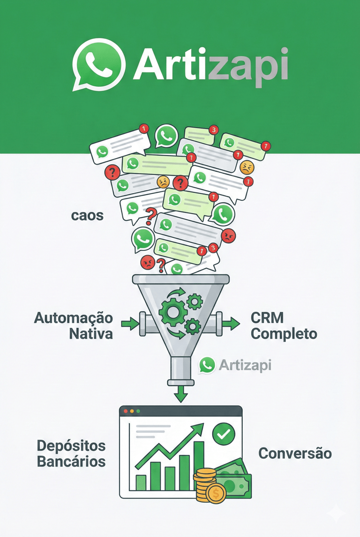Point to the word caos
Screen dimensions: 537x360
point(87,216)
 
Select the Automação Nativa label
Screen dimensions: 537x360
point(74,325)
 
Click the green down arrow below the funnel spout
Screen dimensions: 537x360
point(180,395)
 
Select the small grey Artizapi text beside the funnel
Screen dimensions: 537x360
point(245,365)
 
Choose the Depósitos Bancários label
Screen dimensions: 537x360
point(71,453)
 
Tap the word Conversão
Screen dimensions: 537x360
point(295,454)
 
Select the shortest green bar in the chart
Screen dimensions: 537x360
point(141,482)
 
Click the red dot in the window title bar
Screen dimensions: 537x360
point(126,411)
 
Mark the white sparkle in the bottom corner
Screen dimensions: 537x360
point(336,514)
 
